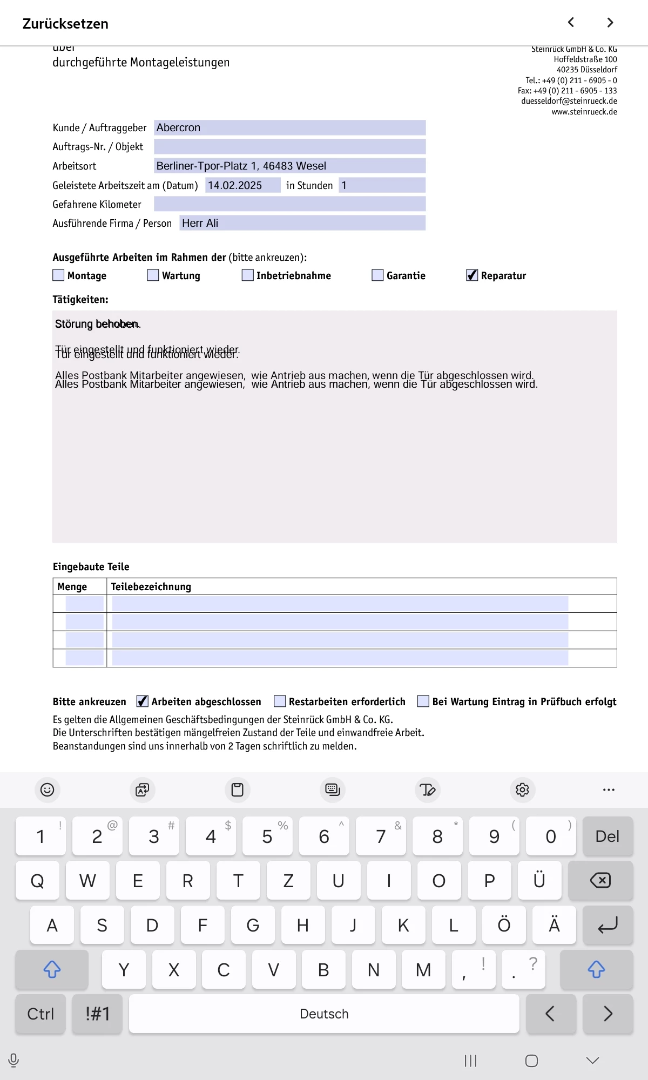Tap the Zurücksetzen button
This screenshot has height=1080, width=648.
(x=65, y=24)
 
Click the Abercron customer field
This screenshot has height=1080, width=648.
(x=289, y=128)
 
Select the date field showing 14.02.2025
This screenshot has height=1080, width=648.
(x=242, y=185)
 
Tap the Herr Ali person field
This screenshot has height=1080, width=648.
(x=302, y=223)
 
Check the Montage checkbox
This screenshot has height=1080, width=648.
(x=58, y=275)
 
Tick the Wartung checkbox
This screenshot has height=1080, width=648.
(x=153, y=275)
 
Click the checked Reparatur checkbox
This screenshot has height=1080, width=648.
(x=472, y=275)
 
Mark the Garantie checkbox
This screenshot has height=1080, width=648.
(x=377, y=275)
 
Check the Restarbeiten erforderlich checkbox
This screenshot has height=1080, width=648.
(x=280, y=701)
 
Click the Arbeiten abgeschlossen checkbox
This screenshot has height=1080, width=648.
(x=142, y=701)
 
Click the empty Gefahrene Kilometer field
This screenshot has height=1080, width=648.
(x=289, y=204)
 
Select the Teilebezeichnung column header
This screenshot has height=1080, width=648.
(x=151, y=586)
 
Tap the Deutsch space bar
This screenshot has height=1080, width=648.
(x=324, y=1014)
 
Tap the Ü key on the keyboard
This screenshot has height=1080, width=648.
(x=539, y=881)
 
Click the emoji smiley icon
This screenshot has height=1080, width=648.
(x=48, y=789)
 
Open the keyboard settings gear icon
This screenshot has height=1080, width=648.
(x=522, y=789)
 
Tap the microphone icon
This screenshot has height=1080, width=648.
(x=14, y=1061)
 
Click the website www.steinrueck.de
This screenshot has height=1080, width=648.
(x=584, y=112)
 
